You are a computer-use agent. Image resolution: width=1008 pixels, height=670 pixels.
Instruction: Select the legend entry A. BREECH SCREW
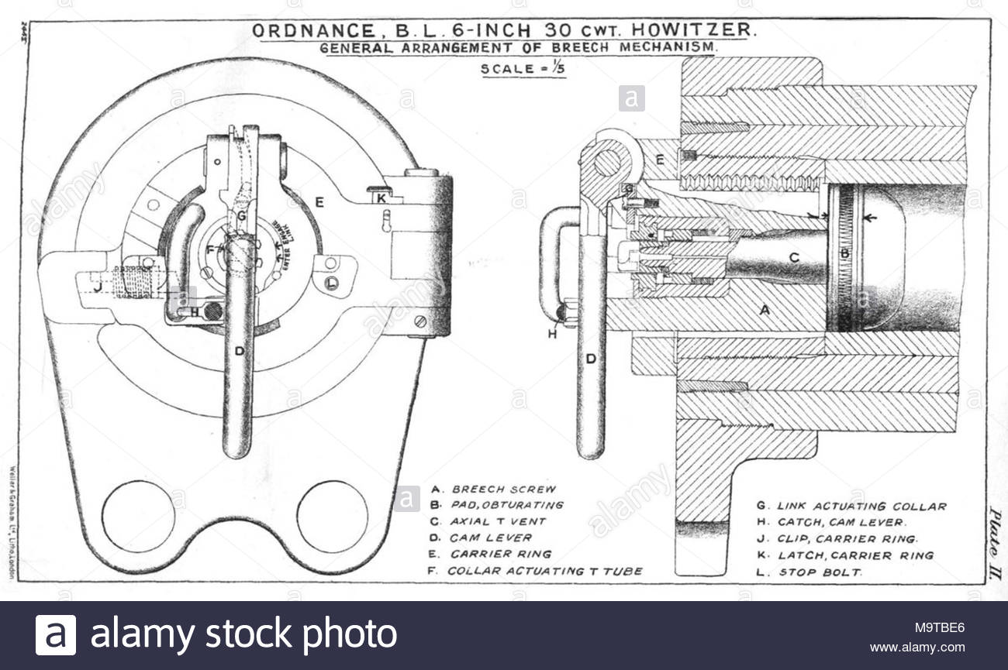tap(493, 489)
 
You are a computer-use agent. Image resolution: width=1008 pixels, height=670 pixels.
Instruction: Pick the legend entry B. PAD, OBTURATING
tap(497, 505)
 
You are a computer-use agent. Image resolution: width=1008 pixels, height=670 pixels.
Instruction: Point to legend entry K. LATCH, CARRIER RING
tap(844, 555)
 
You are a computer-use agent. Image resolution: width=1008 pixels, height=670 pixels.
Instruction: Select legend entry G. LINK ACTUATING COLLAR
tap(851, 507)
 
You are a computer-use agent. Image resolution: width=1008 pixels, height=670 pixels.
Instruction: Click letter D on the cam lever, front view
tap(240, 351)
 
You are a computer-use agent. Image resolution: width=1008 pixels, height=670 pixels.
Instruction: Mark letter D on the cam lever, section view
tap(591, 359)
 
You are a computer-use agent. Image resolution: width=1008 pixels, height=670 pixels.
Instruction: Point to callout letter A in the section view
tap(764, 309)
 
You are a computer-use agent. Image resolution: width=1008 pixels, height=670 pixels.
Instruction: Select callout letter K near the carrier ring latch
tap(380, 198)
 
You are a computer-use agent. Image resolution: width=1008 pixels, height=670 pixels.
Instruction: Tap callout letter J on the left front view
tap(97, 287)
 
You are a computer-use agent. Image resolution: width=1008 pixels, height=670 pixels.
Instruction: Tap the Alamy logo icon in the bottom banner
tap(56, 635)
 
